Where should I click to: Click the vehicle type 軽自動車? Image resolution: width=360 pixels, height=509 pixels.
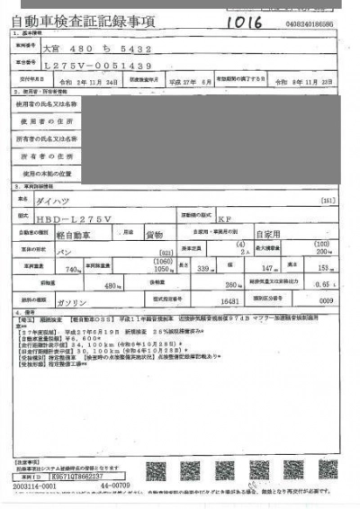coord(80,233)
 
